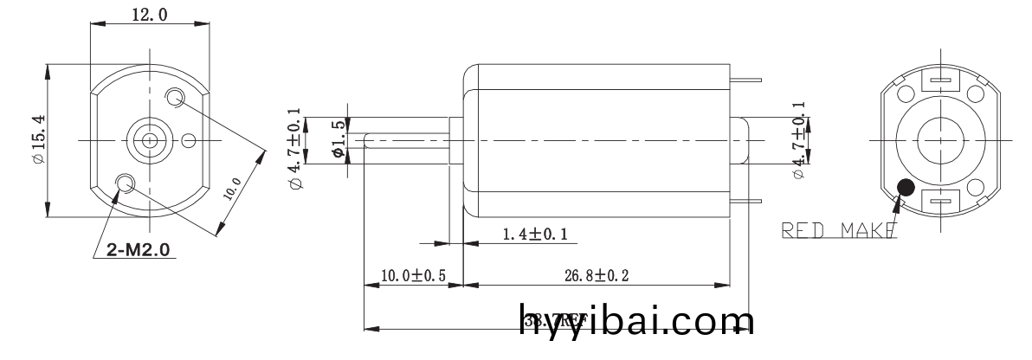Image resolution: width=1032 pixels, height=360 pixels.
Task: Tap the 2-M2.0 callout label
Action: click(x=139, y=250)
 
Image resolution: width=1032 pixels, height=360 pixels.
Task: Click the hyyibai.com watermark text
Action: click(x=636, y=321)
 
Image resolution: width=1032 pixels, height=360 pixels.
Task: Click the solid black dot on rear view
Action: click(x=906, y=188)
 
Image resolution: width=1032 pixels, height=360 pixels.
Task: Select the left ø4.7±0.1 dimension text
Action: click(x=296, y=149)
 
